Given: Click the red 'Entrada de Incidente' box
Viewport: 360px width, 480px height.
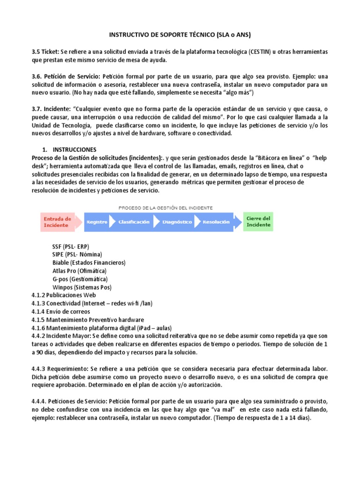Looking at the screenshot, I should [57, 222].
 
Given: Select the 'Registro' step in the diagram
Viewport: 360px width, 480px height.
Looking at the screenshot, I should [97, 222].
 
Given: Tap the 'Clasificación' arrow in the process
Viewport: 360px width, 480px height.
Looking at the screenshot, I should [134, 222].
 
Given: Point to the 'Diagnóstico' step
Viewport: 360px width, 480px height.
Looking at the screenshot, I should [177, 222].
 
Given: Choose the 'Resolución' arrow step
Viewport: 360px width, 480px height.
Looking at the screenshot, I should [217, 222].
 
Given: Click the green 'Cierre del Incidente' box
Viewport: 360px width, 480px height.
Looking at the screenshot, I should [258, 221].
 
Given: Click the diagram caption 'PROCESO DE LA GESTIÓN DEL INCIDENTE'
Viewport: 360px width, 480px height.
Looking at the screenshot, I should [166, 207].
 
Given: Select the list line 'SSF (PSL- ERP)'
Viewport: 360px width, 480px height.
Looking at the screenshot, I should [71, 246].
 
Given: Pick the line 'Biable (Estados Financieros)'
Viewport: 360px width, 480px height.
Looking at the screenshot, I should [89, 262].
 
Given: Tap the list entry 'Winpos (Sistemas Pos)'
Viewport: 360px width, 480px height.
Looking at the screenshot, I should [82, 287].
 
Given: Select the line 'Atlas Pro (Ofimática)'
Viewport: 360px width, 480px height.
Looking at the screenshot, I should [80, 270].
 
